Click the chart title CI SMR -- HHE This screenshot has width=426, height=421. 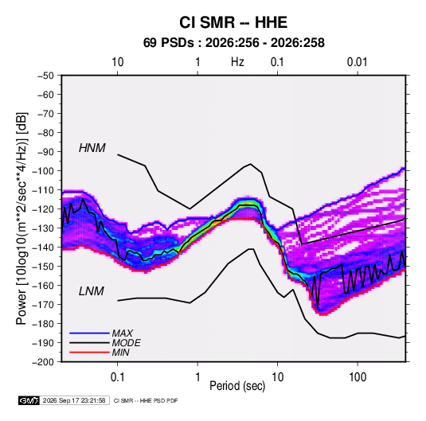(233, 22)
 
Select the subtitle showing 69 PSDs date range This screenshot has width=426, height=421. (233, 43)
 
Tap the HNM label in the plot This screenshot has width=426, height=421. (92, 148)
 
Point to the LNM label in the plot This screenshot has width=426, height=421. (92, 291)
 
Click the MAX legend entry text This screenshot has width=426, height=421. (123, 333)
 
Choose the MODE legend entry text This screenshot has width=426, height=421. (126, 343)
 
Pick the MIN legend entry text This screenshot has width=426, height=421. (120, 353)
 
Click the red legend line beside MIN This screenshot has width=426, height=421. (89, 353)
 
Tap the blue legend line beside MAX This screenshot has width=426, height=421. (89, 333)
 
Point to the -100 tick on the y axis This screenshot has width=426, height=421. (45, 171)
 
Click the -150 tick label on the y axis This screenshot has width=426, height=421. (45, 266)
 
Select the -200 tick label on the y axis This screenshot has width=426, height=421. (45, 362)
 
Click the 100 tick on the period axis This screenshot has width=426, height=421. (358, 377)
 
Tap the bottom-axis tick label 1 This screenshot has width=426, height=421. (197, 377)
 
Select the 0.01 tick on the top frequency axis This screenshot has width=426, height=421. (357, 62)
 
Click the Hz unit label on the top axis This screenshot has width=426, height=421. (237, 62)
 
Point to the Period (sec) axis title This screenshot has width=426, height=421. (237, 386)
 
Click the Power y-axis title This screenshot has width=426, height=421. (21, 219)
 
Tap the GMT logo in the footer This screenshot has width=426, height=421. (29, 400)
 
